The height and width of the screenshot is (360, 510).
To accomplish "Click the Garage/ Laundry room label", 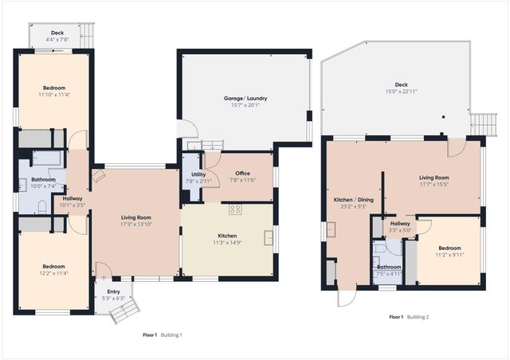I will (x=245, y=98).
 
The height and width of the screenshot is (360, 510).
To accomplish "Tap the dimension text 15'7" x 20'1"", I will (x=245, y=104).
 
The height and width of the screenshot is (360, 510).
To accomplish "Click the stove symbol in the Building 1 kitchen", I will (x=236, y=209).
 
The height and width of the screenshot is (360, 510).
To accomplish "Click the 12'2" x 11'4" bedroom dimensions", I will (x=54, y=272).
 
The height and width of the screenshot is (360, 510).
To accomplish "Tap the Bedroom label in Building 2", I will (x=449, y=249).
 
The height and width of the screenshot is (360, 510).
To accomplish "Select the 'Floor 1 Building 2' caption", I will (x=409, y=317).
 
